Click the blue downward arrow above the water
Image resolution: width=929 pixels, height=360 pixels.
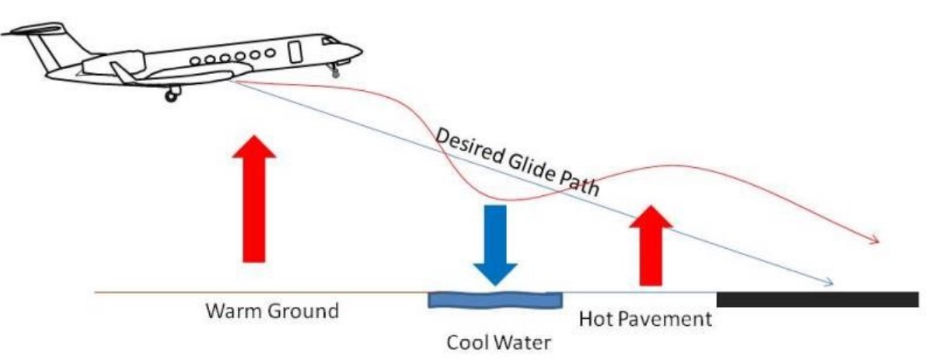495,245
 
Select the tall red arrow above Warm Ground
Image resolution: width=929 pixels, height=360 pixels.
254,198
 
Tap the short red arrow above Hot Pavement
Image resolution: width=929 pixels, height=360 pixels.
651,246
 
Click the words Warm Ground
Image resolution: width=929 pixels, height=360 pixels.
272,311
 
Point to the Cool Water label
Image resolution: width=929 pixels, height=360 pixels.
499,343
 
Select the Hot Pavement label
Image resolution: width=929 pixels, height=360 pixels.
645,320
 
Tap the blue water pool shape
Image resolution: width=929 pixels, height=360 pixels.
494,299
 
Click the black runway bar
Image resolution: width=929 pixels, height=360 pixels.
817,299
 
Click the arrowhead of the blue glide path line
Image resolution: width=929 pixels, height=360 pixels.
828,282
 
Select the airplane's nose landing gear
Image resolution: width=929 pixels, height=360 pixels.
333,69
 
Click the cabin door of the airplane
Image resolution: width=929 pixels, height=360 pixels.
295,51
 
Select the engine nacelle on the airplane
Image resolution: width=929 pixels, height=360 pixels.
114,63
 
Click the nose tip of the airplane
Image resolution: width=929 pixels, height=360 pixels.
360,50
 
